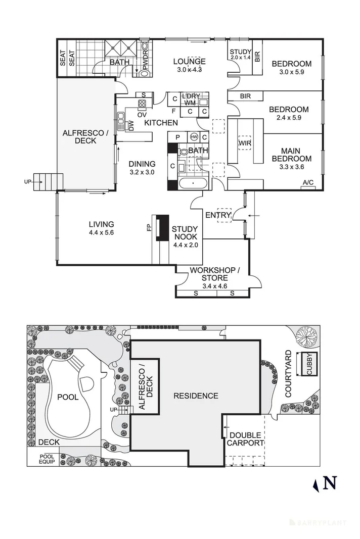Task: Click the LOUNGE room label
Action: pos(189,62)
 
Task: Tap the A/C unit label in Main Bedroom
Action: pos(308,182)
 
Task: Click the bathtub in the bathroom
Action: pos(193,183)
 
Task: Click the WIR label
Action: pos(245,143)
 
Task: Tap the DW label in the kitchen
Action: pos(131,126)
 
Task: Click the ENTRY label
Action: pos(218,215)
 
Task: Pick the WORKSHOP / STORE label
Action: pos(215,274)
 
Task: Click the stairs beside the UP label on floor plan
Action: pos(48,182)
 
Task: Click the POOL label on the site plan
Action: pos(68,397)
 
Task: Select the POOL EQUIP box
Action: pos(46,459)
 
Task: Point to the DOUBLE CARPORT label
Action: pos(245,439)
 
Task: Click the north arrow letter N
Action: pos(330,483)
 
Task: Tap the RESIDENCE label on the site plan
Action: pos(196,396)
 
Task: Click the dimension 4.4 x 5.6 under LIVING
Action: pos(101,232)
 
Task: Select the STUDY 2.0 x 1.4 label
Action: pos(241,55)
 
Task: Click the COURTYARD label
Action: pos(288,374)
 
